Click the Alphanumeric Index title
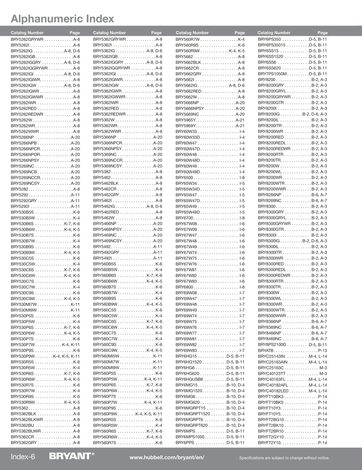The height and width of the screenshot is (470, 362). click(x=62, y=19)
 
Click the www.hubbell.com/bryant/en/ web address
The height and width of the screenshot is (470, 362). click(x=167, y=457)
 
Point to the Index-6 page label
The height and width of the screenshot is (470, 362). click(x=23, y=457)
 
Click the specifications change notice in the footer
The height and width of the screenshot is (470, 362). click(x=284, y=458)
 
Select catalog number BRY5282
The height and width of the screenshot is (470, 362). click(x=20, y=189)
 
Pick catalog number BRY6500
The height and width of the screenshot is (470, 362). click(x=184, y=178)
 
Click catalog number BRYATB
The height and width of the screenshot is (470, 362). click(x=266, y=351)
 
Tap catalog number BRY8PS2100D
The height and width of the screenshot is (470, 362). click(x=272, y=345)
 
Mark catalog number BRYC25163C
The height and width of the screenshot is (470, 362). click(x=271, y=368)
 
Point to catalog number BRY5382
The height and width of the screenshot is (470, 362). click(x=102, y=172)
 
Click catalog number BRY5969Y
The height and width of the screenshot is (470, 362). click(x=186, y=126)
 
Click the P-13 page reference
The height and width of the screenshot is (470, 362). click(x=322, y=351)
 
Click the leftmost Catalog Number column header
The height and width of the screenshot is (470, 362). click(x=27, y=33)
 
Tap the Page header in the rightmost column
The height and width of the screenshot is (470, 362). click(x=322, y=33)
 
